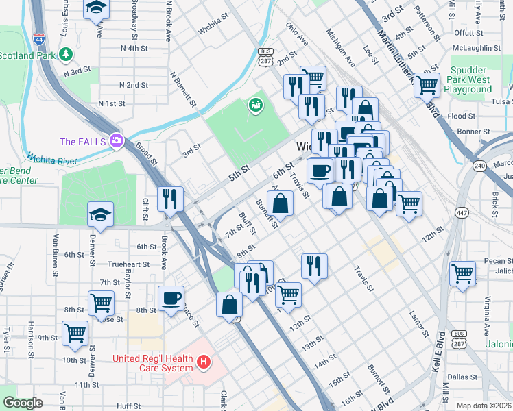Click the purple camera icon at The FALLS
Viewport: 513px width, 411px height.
tap(116, 141)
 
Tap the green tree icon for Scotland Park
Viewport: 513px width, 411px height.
tap(66, 53)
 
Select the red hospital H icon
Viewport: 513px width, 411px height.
tap(203, 361)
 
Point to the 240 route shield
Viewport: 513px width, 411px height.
tap(479, 165)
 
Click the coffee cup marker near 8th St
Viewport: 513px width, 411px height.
tap(171, 298)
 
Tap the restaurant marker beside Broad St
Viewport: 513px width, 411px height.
tap(169, 198)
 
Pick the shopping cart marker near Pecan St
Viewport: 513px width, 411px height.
tap(463, 273)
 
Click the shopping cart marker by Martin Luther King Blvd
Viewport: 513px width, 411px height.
tap(427, 84)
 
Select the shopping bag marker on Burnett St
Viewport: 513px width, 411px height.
tap(281, 203)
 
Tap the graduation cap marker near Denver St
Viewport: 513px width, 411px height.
tap(100, 215)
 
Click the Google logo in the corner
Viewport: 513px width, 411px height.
tap(23, 403)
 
